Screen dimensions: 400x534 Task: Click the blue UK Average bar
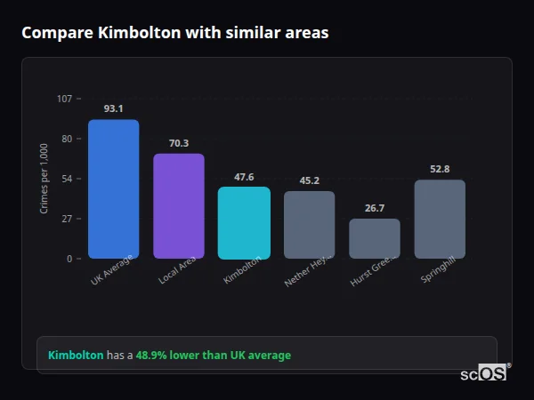pyautogui.click(x=113, y=189)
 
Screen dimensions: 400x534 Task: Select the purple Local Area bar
pyautogui.click(x=178, y=206)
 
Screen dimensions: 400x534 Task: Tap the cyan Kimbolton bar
pyautogui.click(x=244, y=222)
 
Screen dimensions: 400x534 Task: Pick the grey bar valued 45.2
pyautogui.click(x=309, y=225)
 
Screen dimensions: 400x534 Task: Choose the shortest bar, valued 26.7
pyautogui.click(x=375, y=238)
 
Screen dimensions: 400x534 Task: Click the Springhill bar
pyautogui.click(x=440, y=220)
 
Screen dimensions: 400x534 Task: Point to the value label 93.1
pyautogui.click(x=113, y=108)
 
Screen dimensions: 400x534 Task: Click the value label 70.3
pyautogui.click(x=178, y=143)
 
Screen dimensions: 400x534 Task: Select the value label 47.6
pyautogui.click(x=244, y=176)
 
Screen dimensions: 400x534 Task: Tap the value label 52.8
pyautogui.click(x=440, y=169)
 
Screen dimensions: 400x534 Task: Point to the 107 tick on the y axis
pyautogui.click(x=64, y=99)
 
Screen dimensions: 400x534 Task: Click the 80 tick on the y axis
pyautogui.click(x=66, y=139)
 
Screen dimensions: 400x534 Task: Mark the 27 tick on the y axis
pyautogui.click(x=66, y=219)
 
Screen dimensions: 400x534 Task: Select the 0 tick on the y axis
pyautogui.click(x=69, y=259)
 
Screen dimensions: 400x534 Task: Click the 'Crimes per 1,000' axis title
pyautogui.click(x=44, y=179)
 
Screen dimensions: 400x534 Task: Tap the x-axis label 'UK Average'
pyautogui.click(x=112, y=271)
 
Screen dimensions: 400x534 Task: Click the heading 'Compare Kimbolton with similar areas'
pyautogui.click(x=174, y=33)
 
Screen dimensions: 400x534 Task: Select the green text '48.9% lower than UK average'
pyautogui.click(x=213, y=355)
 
